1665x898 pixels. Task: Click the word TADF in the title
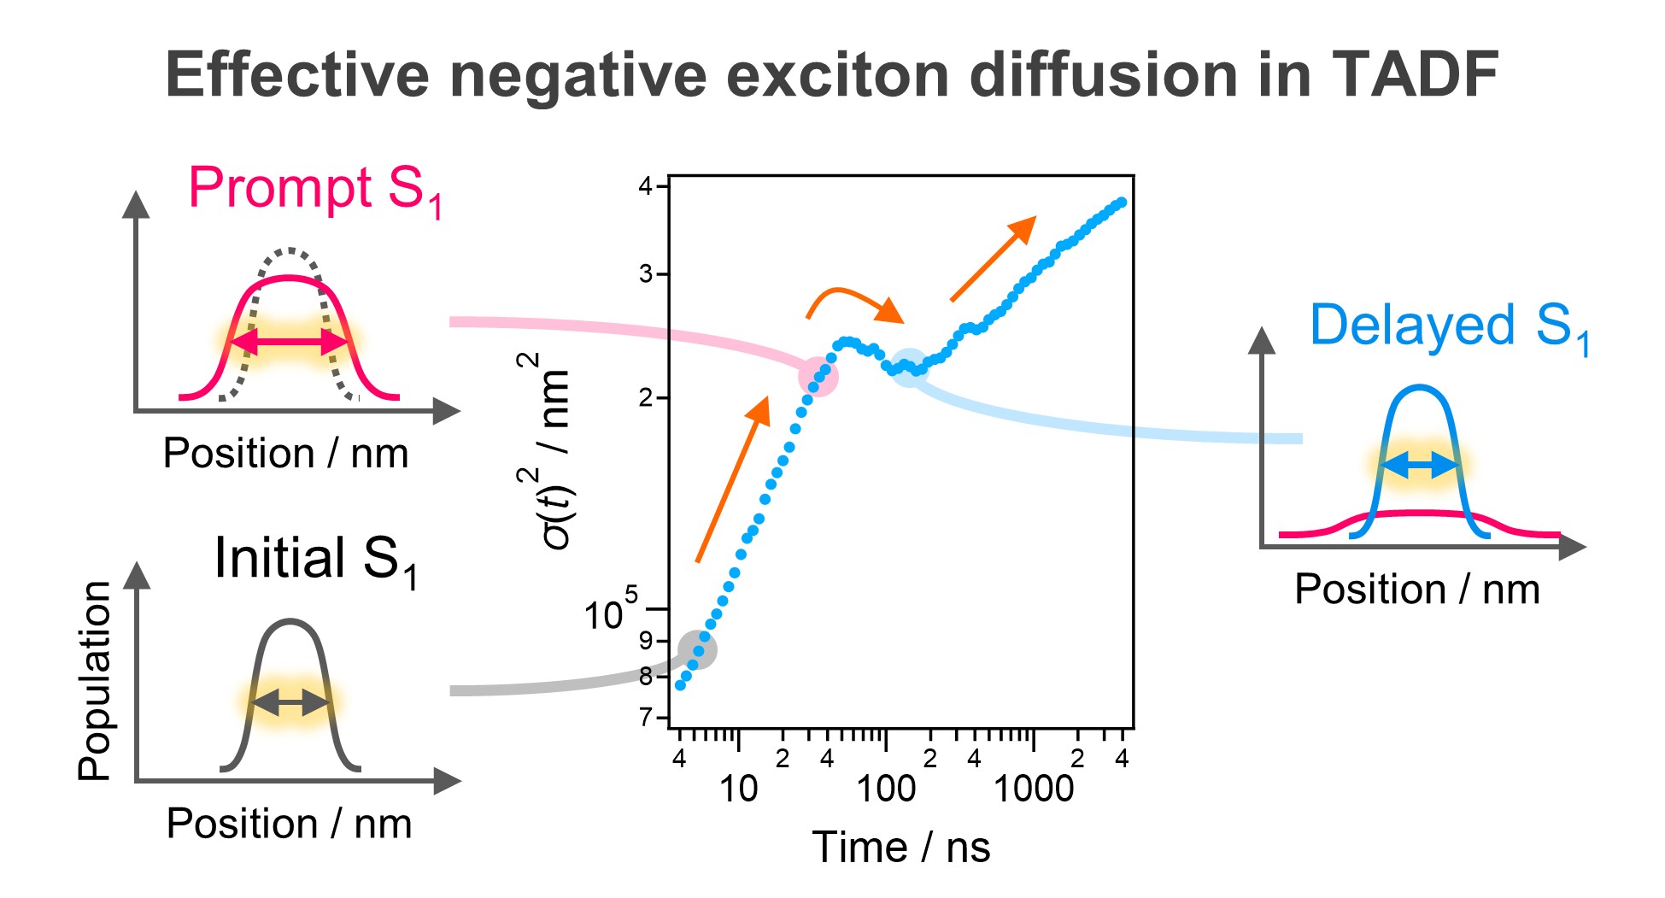tap(1414, 75)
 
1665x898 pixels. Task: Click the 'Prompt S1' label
tap(314, 190)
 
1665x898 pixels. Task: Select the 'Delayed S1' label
tap(1449, 327)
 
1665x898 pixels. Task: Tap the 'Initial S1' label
tap(315, 561)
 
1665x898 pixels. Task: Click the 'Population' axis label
tap(95, 681)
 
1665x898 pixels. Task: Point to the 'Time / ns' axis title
tap(900, 848)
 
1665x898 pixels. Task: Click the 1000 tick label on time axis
tap(1033, 789)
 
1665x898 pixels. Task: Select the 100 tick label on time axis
tap(886, 789)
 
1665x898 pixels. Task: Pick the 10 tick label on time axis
tap(738, 789)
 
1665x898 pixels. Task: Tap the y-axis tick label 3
tap(647, 274)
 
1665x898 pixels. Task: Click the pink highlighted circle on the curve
tap(818, 377)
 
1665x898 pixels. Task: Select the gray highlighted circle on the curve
tap(698, 650)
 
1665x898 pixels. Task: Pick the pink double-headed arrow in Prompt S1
tap(290, 343)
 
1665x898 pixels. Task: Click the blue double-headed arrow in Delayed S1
tap(1419, 466)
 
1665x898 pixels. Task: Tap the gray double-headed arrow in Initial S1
tap(290, 703)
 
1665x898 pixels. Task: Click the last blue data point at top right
tap(1122, 202)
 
